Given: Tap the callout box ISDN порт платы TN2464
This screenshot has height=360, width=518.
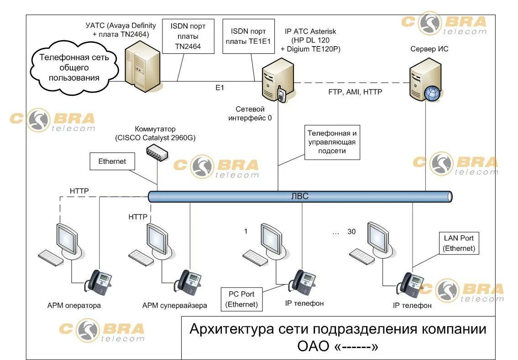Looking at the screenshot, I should [188, 37].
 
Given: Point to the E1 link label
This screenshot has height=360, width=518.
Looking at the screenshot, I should [220, 88].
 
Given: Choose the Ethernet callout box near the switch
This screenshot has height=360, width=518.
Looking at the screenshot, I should [112, 161].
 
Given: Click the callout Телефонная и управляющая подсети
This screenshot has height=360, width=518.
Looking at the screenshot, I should [332, 142].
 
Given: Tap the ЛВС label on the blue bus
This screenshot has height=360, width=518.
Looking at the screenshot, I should [300, 196].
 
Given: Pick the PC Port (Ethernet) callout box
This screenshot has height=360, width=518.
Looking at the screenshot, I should [241, 299].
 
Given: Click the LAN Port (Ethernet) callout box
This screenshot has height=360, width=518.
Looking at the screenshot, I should [459, 243].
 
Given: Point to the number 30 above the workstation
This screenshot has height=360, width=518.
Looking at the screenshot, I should [351, 232].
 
